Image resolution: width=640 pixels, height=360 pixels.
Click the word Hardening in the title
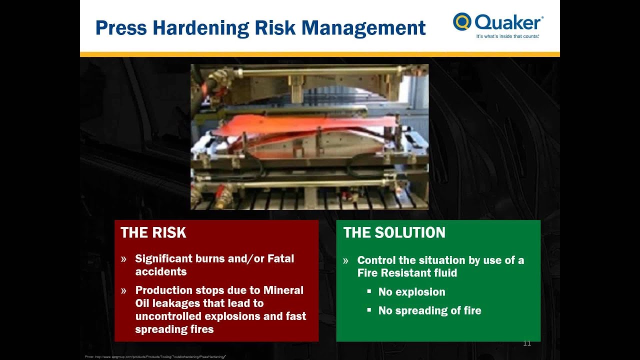[x=201, y=28]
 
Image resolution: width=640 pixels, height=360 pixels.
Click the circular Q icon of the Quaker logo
[x=462, y=21]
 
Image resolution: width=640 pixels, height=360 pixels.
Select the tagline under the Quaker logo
[x=507, y=36]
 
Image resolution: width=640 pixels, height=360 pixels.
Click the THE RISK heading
[x=153, y=232]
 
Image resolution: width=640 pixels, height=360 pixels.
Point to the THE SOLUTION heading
[x=394, y=232]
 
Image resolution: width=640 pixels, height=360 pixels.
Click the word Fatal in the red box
[x=280, y=258]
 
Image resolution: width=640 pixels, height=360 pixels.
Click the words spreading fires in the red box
[x=174, y=329]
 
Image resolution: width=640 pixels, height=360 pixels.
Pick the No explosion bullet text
[x=411, y=292]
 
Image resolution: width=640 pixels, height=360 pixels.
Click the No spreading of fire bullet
[x=429, y=310]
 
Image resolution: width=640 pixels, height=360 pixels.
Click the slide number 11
[x=526, y=343]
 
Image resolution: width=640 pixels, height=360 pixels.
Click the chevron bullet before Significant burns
[x=123, y=259]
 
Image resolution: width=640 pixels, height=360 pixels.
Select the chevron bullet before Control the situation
[x=345, y=260]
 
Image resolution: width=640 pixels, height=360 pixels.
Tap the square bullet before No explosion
[x=369, y=291]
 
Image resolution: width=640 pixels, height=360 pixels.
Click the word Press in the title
[x=121, y=28]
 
